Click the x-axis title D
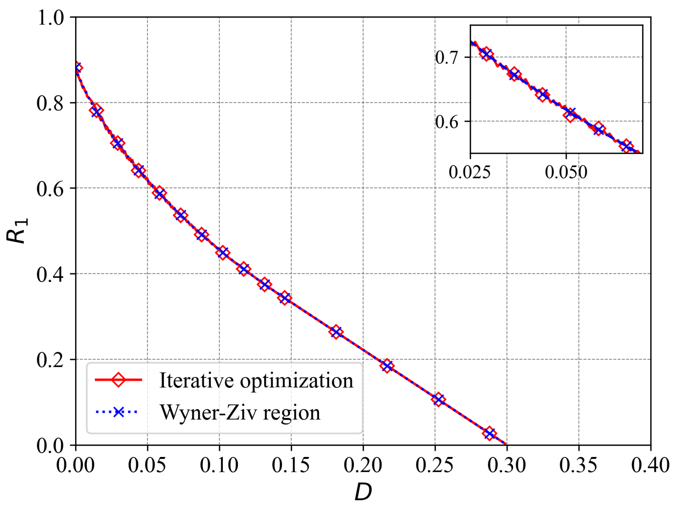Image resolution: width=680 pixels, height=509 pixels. coord(363,492)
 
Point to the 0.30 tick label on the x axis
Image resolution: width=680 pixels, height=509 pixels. coord(507,465)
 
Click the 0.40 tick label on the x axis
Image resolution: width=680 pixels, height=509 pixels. coord(650,465)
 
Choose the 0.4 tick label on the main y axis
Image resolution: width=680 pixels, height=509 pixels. coord(50,274)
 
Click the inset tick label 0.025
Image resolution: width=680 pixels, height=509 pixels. coord(469,172)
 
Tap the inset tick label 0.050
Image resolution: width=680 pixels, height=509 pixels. coord(566,172)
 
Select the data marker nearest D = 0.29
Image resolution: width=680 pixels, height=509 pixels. coord(490,433)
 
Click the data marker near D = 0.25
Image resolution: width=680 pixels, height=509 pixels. coord(438,399)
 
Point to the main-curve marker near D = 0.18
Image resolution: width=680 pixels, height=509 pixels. coord(336,332)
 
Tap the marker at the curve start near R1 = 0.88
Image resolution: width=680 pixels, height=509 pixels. coord(78,68)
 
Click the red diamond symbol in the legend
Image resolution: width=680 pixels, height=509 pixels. coord(118,380)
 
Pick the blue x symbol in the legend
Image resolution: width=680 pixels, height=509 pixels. coord(118,412)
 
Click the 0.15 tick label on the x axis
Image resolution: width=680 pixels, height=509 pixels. coord(291,465)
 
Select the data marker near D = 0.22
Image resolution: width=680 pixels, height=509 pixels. coord(387,366)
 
